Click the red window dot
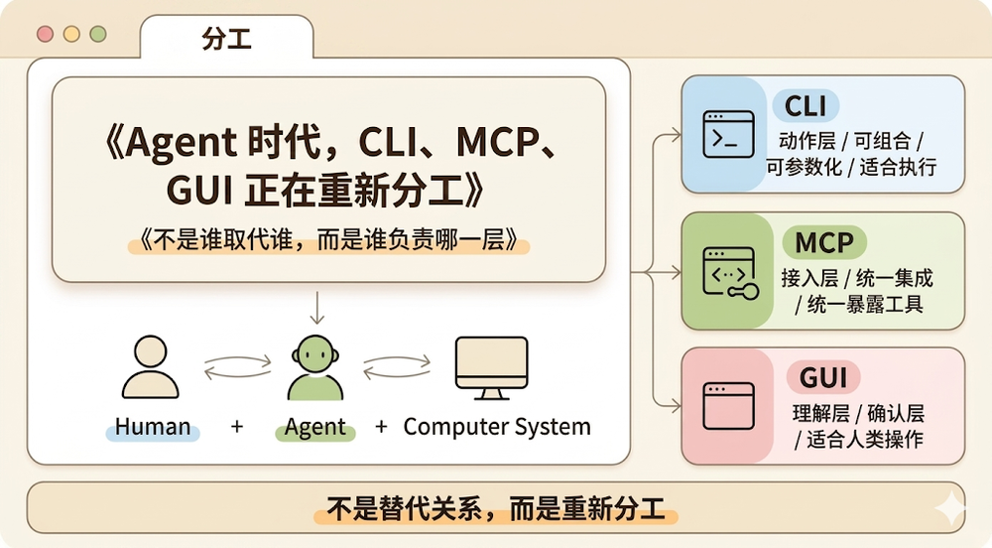coord(45,34)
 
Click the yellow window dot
coord(71,34)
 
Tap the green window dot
coord(97,34)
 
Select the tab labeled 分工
coord(226,40)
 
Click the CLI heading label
coord(806,105)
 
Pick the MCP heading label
coord(823,242)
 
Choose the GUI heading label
coord(822,377)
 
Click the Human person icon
coord(150,367)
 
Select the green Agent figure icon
coord(314,367)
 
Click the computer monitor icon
coord(491,367)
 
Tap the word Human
coord(153,428)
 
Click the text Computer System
coord(496,428)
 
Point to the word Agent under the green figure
coord(315,428)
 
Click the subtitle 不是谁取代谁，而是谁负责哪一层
coord(329,240)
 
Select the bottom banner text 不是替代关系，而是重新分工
coord(496,509)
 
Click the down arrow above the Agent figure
coord(316,308)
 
